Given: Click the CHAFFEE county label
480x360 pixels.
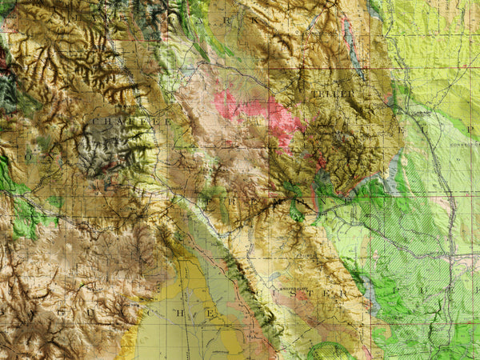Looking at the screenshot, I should coord(131,122).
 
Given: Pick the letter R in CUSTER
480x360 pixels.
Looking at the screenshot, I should coord(346,294).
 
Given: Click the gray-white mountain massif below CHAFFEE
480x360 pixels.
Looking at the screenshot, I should coord(108,148).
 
